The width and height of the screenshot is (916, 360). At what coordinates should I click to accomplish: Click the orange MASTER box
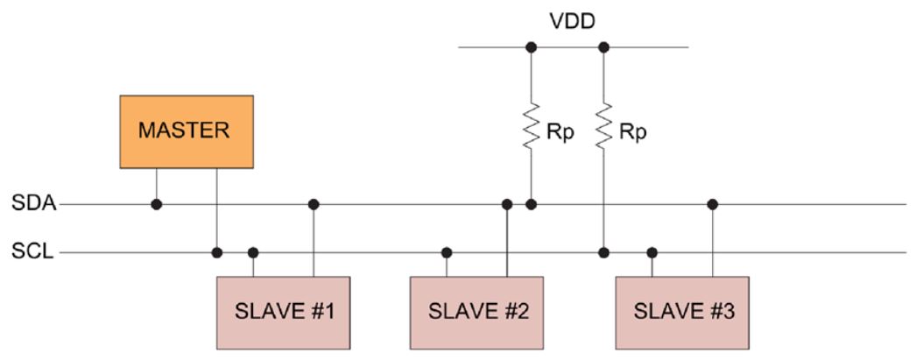[187, 131]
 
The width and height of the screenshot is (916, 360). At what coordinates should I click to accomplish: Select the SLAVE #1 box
[284, 311]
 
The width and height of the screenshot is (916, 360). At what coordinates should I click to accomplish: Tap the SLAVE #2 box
[476, 311]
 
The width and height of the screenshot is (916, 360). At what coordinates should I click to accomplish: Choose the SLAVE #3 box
[681, 311]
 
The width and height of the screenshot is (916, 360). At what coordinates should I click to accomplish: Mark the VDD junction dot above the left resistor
[530, 46]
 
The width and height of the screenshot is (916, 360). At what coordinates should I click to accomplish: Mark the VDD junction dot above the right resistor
[603, 46]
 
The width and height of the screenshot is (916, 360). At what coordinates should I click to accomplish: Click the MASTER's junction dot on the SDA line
[157, 204]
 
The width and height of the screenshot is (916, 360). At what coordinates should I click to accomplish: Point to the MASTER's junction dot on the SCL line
[216, 253]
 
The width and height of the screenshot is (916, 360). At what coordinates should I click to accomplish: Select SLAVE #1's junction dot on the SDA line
[314, 204]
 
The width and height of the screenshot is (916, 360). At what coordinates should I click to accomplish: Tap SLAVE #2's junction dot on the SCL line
[447, 253]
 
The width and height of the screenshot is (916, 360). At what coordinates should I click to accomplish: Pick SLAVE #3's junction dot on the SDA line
[713, 204]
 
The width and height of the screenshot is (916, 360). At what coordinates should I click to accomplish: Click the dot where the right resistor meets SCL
[603, 253]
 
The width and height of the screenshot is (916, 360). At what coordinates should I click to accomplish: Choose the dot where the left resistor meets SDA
[530, 204]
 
